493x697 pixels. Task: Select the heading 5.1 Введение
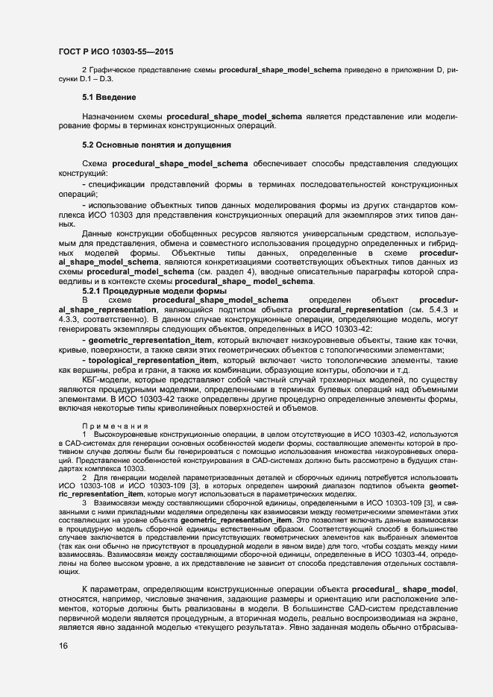[x=109, y=98]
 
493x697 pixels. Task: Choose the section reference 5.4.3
[x=433, y=309]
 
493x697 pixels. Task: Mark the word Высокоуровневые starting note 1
[x=126, y=433]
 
